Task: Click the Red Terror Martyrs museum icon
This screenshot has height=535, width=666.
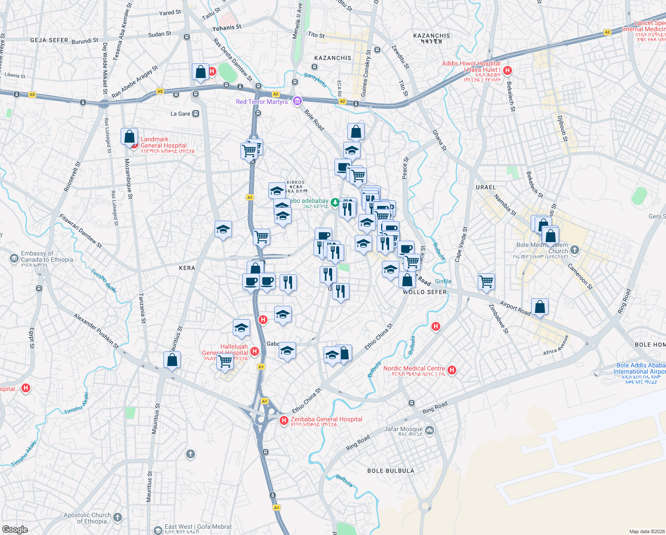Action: click(x=297, y=101)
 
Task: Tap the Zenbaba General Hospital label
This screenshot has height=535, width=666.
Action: click(x=326, y=420)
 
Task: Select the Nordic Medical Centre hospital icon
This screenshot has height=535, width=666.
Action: click(x=452, y=370)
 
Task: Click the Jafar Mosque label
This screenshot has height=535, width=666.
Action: click(x=403, y=429)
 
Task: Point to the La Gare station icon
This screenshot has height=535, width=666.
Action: click(x=195, y=114)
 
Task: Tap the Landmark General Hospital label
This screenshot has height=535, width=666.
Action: click(x=163, y=143)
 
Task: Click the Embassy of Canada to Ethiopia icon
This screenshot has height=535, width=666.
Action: click(x=14, y=258)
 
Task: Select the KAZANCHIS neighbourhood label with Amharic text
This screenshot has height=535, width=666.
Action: click(x=431, y=38)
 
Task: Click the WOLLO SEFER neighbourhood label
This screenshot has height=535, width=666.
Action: click(x=424, y=292)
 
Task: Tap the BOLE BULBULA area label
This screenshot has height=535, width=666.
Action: click(x=390, y=471)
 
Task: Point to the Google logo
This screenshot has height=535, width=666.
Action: click(x=15, y=529)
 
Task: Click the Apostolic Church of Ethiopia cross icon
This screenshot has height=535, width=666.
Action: click(x=118, y=517)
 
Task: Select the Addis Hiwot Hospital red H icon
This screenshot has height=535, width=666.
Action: click(x=507, y=70)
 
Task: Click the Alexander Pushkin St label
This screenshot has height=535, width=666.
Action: click(x=96, y=331)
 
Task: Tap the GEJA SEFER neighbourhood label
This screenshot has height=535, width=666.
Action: click(x=49, y=40)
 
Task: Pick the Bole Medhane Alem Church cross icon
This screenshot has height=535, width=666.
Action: click(x=575, y=250)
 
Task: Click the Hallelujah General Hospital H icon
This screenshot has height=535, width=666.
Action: click(x=255, y=351)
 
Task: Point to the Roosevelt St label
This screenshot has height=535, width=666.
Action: click(x=72, y=177)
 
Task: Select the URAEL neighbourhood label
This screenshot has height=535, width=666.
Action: click(x=485, y=187)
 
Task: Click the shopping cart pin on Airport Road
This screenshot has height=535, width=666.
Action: click(x=486, y=281)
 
